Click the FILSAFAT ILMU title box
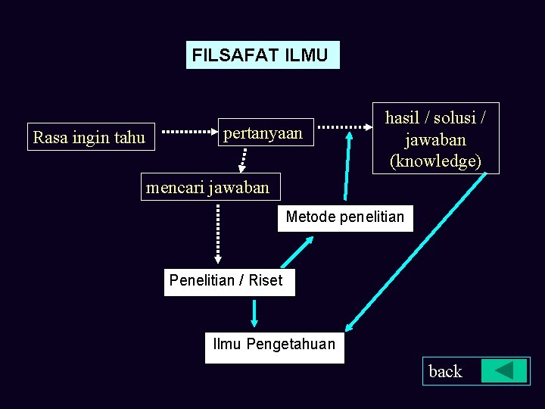click(x=262, y=55)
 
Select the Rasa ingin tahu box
click(x=89, y=137)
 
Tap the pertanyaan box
click(x=263, y=133)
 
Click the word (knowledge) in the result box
click(x=435, y=161)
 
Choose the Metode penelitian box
click(x=345, y=217)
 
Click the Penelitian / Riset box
click(x=227, y=280)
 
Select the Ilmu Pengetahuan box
click(x=274, y=345)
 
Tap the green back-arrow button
click(x=504, y=370)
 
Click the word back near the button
click(x=445, y=371)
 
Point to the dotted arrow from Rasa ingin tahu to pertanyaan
click(x=189, y=131)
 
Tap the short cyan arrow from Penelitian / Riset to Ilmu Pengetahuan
click(x=254, y=314)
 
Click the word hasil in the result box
click(x=403, y=118)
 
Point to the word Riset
click(x=266, y=280)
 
